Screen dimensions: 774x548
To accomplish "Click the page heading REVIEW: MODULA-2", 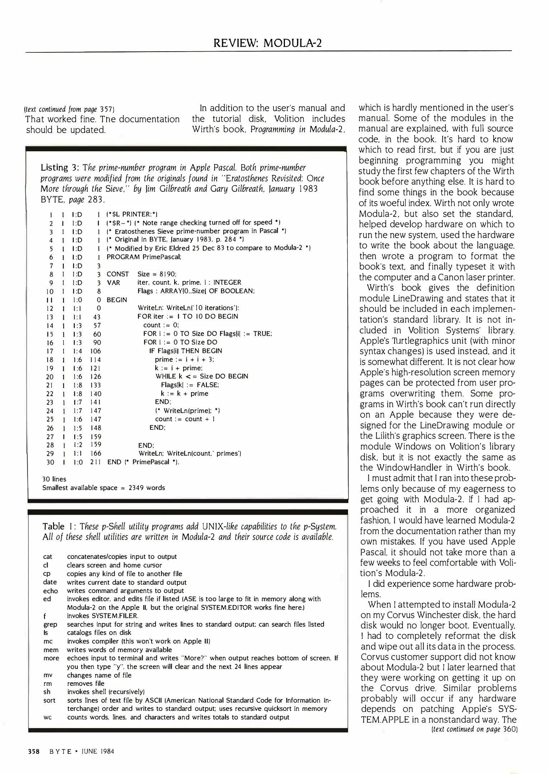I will pyautogui.click(x=267, y=43).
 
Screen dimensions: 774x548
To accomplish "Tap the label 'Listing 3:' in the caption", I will pyautogui.click(x=59, y=167).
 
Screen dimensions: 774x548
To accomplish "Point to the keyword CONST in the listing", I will pyautogui.click(x=118, y=274).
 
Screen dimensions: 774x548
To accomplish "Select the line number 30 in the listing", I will pyautogui.click(x=50, y=462).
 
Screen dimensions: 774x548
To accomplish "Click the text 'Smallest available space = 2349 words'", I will pyautogui.click(x=104, y=488).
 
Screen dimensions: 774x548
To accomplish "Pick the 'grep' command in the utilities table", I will pyautogui.click(x=50, y=625).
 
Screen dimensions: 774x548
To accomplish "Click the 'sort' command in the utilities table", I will pyautogui.click(x=49, y=701).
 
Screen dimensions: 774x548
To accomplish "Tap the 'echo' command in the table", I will pyautogui.click(x=50, y=591).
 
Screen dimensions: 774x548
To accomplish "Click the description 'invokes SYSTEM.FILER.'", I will pyautogui.click(x=103, y=616).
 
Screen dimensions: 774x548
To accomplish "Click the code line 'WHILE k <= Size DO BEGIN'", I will pyautogui.click(x=202, y=376).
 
